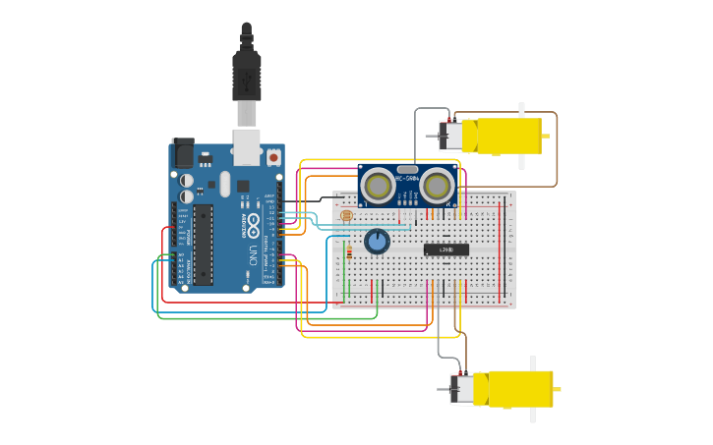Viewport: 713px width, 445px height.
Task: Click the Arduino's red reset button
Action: click(x=272, y=156)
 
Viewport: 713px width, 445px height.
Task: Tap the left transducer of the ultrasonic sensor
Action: click(x=378, y=186)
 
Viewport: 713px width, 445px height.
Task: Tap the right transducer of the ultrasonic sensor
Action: click(x=438, y=185)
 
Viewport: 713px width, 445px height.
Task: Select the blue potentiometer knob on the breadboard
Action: click(x=377, y=241)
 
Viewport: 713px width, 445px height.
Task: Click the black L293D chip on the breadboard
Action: click(x=446, y=250)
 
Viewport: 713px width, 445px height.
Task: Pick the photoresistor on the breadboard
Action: click(x=345, y=215)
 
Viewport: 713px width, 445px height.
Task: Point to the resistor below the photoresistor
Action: click(x=348, y=252)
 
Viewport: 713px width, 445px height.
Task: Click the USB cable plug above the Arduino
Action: click(x=246, y=74)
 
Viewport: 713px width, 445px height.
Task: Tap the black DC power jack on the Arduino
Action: click(x=183, y=153)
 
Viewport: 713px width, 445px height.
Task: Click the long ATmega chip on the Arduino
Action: click(x=203, y=245)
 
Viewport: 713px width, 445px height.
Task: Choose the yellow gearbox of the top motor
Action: click(x=506, y=136)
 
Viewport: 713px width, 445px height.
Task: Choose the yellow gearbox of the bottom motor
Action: click(x=518, y=388)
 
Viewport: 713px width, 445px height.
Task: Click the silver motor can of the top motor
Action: click(x=450, y=136)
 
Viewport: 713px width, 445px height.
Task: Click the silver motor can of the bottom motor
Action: click(x=461, y=389)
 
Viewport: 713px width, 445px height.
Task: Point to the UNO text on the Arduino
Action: click(x=252, y=254)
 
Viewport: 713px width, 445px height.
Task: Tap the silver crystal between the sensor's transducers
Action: click(x=407, y=170)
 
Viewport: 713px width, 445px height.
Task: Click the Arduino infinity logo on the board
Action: click(x=253, y=221)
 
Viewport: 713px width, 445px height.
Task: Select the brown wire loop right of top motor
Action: click(x=556, y=147)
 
